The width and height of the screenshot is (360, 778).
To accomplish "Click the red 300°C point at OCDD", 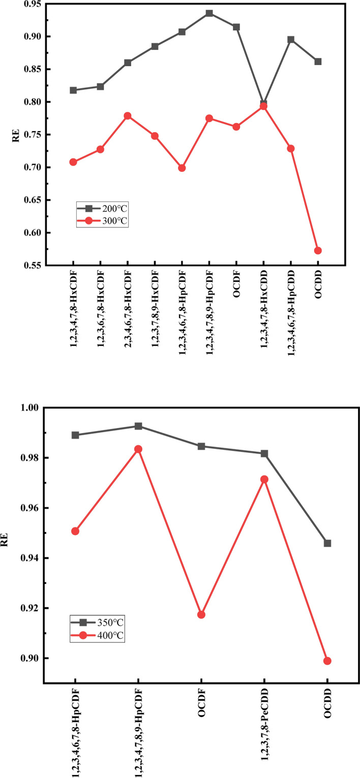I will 318,251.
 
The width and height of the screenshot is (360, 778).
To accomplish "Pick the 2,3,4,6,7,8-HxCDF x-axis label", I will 128,310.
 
